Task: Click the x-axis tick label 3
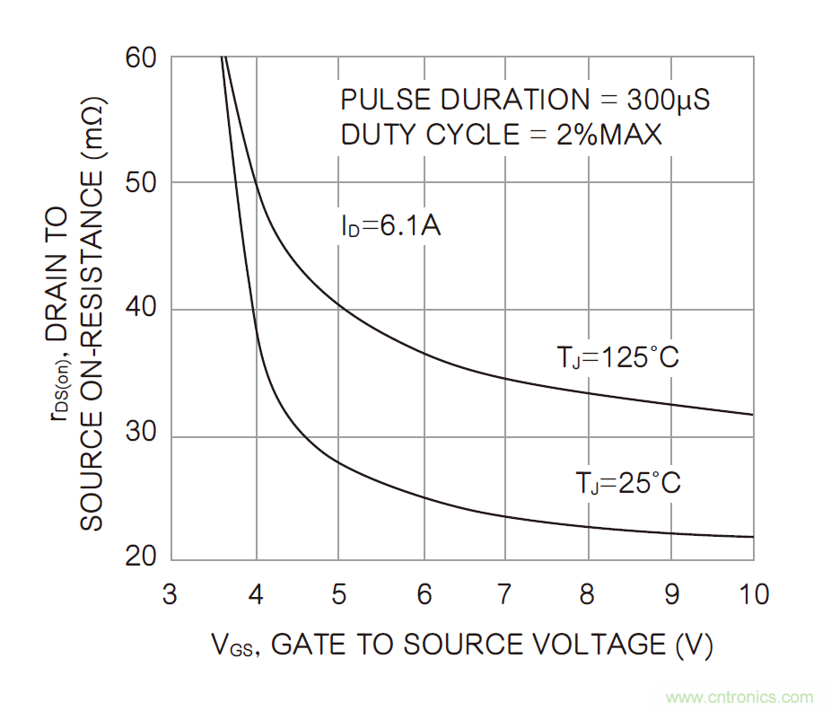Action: pyautogui.click(x=170, y=594)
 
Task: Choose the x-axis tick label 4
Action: pyautogui.click(x=256, y=594)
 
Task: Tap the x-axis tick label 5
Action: pyautogui.click(x=339, y=594)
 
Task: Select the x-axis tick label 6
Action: pyautogui.click(x=424, y=594)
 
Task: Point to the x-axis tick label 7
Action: pyautogui.click(x=505, y=594)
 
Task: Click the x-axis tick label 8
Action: pyautogui.click(x=589, y=594)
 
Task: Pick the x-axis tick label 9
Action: pyautogui.click(x=671, y=594)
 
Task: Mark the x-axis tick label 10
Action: pyautogui.click(x=752, y=594)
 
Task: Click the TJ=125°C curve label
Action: pyautogui.click(x=617, y=358)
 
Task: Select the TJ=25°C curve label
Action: pyautogui.click(x=627, y=483)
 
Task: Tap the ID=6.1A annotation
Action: pyautogui.click(x=389, y=226)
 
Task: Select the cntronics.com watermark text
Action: pyautogui.click(x=740, y=698)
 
